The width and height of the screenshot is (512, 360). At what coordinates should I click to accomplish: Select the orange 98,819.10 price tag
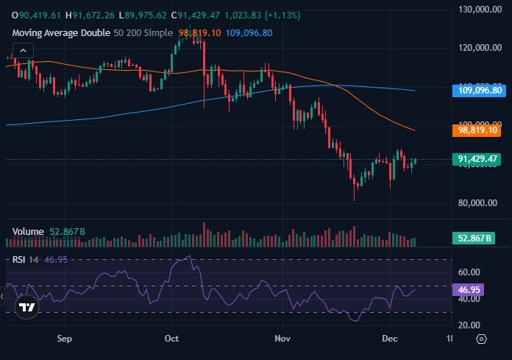[478, 130]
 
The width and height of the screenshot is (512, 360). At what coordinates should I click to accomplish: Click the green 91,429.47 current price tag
[478, 159]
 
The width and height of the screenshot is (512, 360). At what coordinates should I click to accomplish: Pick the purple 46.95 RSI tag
[469, 290]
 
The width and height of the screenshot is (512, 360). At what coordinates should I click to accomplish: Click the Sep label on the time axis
[65, 339]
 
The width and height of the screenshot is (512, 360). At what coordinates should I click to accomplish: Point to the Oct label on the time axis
[172, 339]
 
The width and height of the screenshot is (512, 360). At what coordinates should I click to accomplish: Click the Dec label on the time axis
[390, 339]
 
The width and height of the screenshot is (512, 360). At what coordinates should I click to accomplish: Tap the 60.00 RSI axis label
[469, 272]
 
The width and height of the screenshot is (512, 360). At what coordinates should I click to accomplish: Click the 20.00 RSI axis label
[469, 325]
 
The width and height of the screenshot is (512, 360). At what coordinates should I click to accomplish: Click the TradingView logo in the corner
[27, 308]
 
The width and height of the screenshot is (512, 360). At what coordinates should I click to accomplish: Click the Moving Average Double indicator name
[59, 33]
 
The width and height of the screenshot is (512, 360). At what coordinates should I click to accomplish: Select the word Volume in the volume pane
[28, 231]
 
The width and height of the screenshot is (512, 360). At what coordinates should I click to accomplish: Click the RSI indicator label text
[18, 259]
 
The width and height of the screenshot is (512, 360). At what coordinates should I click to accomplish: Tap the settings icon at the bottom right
[481, 339]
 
